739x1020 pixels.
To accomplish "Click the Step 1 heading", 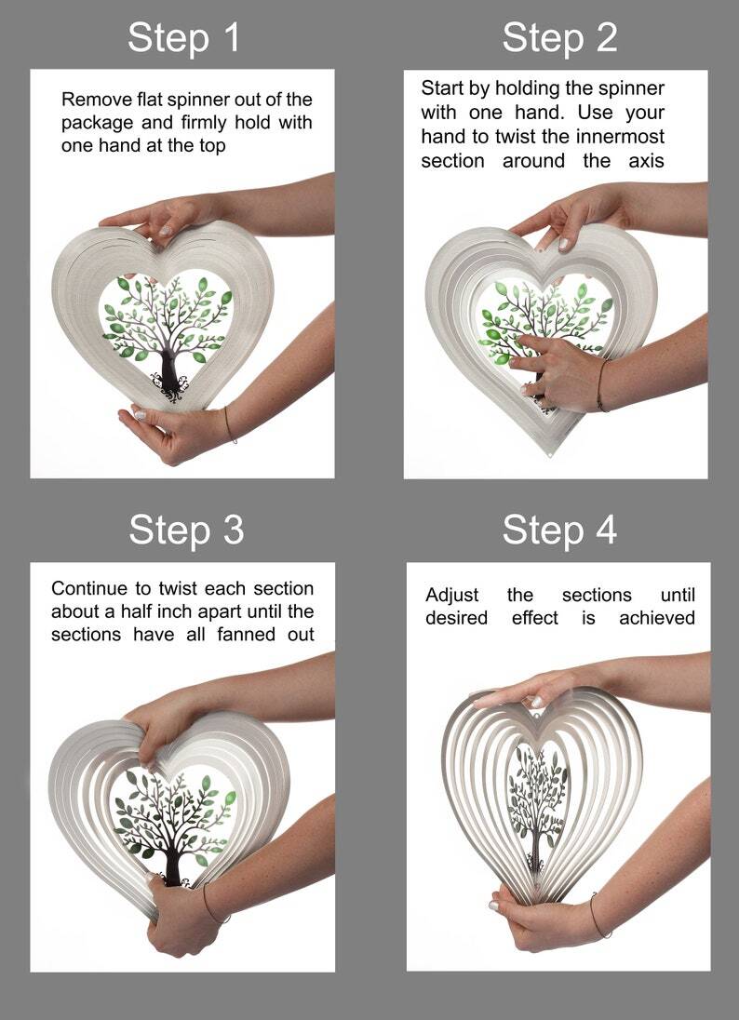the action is [x=183, y=38].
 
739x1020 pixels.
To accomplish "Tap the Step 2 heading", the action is [x=559, y=38].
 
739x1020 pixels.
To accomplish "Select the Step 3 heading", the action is [x=186, y=530].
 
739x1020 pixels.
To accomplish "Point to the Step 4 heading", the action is [x=559, y=530].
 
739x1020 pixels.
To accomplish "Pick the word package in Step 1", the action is [x=98, y=124].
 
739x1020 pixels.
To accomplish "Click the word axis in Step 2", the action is [x=646, y=161].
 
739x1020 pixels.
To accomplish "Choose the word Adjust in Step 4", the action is [x=452, y=596].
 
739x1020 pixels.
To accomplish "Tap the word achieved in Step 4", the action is [x=657, y=618].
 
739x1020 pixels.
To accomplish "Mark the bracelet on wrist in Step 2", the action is [x=602, y=385].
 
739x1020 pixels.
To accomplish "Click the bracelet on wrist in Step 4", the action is [x=599, y=917].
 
